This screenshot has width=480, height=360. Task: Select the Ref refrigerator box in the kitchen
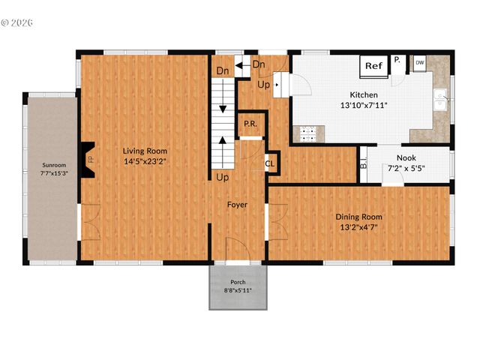[373, 65]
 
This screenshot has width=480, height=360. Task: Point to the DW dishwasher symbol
[419, 63]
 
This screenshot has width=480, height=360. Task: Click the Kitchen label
[363, 95]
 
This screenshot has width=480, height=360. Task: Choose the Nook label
[406, 158]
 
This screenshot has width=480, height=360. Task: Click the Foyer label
[237, 204]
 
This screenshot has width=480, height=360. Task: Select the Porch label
[237, 282]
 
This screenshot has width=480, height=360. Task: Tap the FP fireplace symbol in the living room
[89, 159]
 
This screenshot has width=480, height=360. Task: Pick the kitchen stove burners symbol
[307, 135]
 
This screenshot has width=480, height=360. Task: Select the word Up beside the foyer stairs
[223, 178]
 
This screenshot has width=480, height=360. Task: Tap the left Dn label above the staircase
[223, 71]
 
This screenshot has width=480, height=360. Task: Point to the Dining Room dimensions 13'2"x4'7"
[356, 227]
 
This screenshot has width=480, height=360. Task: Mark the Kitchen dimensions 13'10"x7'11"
[363, 106]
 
